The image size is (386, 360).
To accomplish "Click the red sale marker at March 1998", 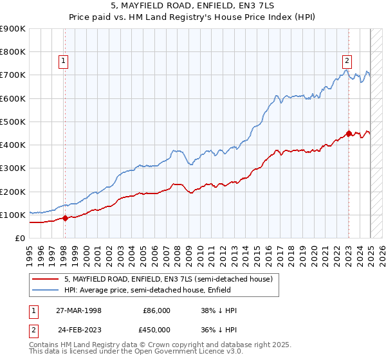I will coord(65,218).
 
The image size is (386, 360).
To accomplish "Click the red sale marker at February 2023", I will coord(349,134).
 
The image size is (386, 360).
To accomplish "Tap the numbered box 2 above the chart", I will coord(347,61).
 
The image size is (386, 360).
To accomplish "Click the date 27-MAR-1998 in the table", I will coord(79,310).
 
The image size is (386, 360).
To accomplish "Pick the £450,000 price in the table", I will coord(156,330).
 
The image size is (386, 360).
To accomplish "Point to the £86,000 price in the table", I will coord(156,310).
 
